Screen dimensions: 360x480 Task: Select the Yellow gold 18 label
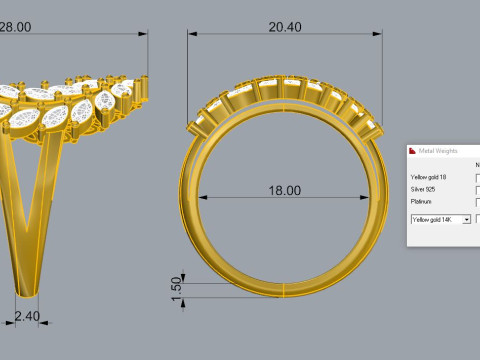point(430,177)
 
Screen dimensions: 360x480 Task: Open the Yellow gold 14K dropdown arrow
point(466,218)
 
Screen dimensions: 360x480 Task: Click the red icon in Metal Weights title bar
point(413,151)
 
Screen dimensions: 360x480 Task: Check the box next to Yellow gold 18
point(477,177)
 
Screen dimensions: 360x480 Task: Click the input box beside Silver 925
point(477,189)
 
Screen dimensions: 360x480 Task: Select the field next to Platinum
point(477,201)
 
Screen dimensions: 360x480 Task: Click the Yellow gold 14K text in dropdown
point(435,218)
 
